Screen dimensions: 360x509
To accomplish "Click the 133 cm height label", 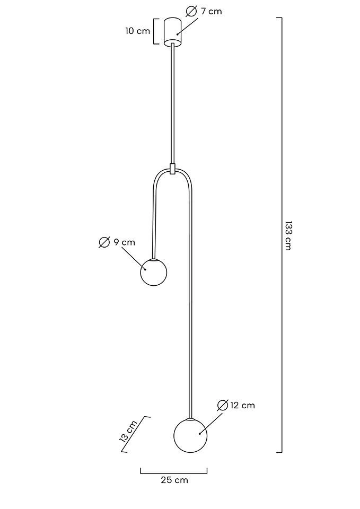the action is [x=288, y=235].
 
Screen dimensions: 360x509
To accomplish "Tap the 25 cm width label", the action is [x=174, y=480].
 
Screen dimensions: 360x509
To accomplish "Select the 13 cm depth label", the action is [x=128, y=432].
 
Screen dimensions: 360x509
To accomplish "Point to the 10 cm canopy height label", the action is [x=138, y=31].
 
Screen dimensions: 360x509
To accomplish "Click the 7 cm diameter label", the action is [x=212, y=11].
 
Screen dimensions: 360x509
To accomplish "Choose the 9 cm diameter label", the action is [x=124, y=242].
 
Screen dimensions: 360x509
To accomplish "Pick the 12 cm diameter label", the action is [x=242, y=406].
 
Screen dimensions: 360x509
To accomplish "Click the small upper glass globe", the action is [x=154, y=273].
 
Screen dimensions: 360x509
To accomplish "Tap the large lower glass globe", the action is [x=190, y=435].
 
